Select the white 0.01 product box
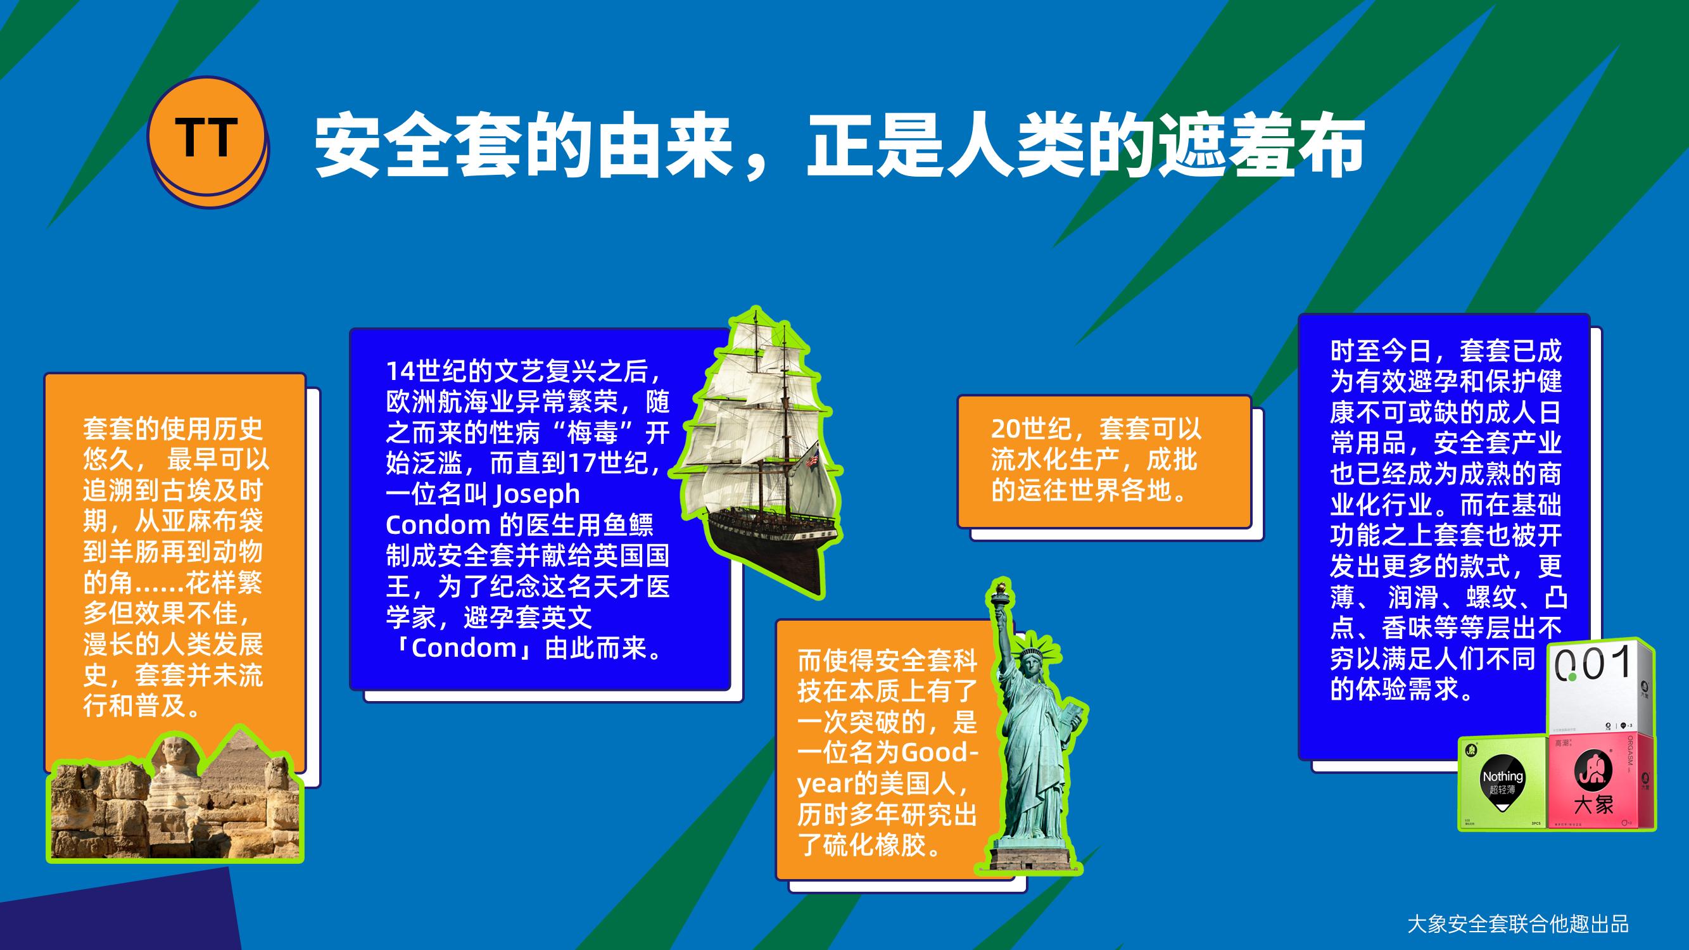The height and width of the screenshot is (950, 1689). coord(1600,688)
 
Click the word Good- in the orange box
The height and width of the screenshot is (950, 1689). coord(940,752)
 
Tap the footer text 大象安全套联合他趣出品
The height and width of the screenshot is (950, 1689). coord(1517,925)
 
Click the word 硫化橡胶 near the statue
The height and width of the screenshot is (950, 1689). coord(875,845)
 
